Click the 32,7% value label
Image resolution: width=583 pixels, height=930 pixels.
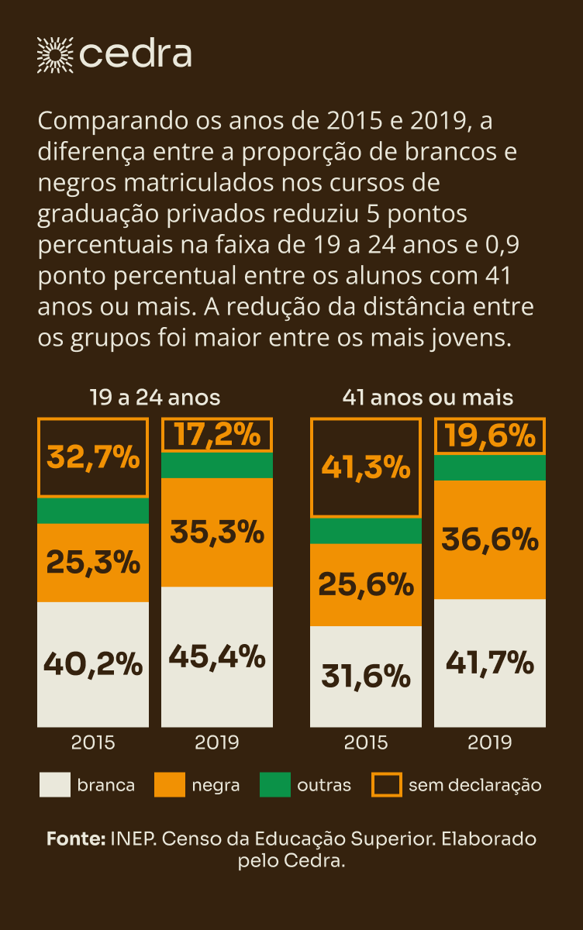coord(93,457)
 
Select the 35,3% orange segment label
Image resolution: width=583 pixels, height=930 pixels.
coord(217,532)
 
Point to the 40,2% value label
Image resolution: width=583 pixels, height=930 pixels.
coord(93,664)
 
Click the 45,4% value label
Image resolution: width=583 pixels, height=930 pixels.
coord(217,657)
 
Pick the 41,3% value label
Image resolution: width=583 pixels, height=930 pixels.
coord(366,467)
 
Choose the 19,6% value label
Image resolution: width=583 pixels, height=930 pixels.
coord(490,436)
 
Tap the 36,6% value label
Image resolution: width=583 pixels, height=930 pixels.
coord(490,539)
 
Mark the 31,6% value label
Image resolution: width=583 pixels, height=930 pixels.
coord(366,677)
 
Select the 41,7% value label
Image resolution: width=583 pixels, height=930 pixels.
coord(490,663)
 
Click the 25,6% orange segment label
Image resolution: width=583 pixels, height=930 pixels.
coord(366,584)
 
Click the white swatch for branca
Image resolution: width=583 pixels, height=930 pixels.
coord(54,785)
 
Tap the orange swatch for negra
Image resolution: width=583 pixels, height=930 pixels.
coord(170,785)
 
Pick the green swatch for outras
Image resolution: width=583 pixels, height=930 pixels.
coord(274,785)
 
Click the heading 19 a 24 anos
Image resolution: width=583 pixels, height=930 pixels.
coord(155,398)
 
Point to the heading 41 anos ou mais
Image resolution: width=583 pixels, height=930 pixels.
coord(428,398)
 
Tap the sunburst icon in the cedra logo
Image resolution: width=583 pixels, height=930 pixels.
coord(55,54)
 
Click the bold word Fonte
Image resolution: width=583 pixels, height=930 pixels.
coord(75,839)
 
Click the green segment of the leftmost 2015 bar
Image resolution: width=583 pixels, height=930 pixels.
coord(93,511)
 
